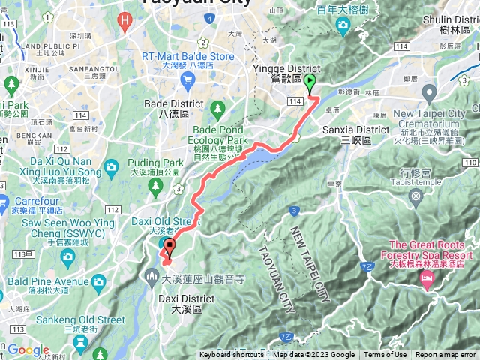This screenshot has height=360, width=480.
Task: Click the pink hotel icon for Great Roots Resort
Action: [x=427, y=280]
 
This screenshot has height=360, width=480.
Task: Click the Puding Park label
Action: [x=161, y=162]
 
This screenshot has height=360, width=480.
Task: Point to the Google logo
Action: [x=28, y=349]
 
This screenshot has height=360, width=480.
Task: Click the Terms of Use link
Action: [x=385, y=355]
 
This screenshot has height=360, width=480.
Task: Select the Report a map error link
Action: [x=445, y=355]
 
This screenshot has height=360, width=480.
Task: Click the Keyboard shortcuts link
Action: [x=231, y=355]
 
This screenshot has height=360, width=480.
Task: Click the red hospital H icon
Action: [x=126, y=19]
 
